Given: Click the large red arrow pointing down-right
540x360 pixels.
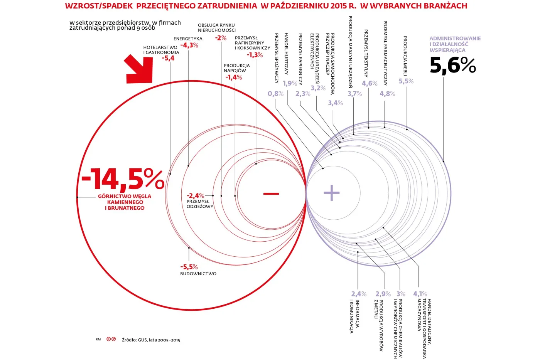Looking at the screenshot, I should click(140, 70).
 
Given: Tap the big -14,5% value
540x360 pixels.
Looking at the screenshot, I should click(123, 179).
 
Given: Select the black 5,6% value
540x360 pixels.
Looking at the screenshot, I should click(452, 65).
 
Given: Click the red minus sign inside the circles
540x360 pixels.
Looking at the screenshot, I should click(271, 193).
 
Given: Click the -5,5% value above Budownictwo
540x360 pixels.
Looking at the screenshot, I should click(189, 267).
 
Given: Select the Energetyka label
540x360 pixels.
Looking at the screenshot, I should click(188, 39).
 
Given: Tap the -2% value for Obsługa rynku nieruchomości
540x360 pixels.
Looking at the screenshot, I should click(221, 38).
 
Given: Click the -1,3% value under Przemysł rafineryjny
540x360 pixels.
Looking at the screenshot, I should click(255, 55).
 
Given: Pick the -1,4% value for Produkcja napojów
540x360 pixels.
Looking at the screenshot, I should click(234, 77).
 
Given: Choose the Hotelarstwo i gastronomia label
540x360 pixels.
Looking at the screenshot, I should click(161, 50).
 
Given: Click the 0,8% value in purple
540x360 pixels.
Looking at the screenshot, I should click(275, 94).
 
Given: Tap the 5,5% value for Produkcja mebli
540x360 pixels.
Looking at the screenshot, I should click(406, 81).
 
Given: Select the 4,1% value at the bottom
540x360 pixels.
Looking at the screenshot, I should click(420, 294).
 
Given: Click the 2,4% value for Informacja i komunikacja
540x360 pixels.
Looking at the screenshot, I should click(359, 294).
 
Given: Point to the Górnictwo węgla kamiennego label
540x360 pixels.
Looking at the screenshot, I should click(125, 202).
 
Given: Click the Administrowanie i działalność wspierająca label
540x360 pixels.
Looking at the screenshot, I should click(455, 44).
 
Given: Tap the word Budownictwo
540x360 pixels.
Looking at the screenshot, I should click(198, 274).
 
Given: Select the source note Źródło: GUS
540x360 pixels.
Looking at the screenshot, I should click(151, 340).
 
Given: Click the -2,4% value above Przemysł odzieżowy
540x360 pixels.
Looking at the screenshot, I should click(195, 196).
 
